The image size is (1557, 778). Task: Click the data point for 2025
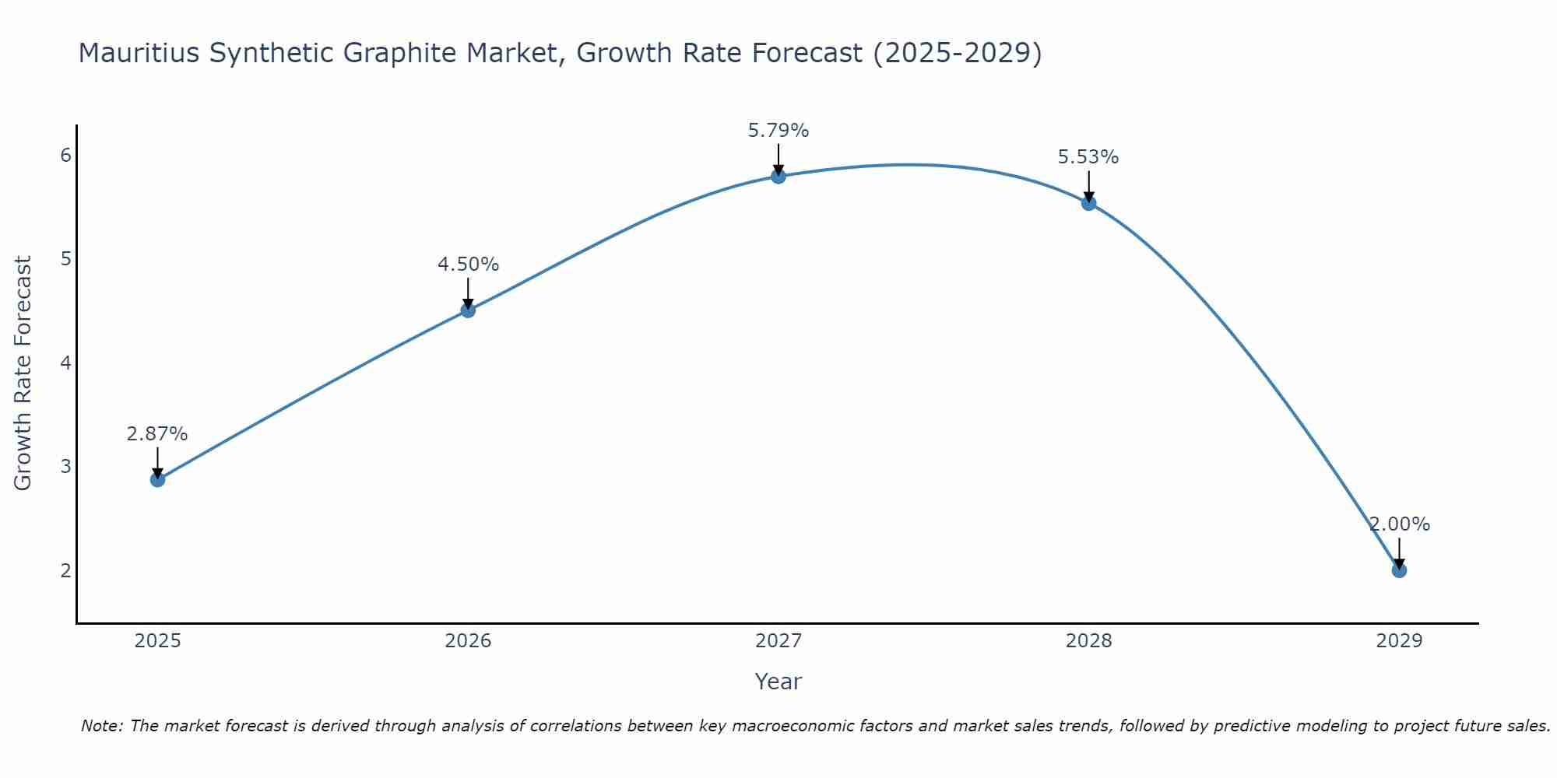pyautogui.click(x=157, y=479)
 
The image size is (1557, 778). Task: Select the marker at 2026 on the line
pyautogui.click(x=468, y=310)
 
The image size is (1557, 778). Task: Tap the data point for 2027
pyautogui.click(x=778, y=177)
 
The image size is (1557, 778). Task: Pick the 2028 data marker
pyautogui.click(x=1089, y=203)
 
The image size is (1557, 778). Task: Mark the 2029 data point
pyautogui.click(x=1399, y=570)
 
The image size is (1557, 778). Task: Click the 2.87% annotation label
pyautogui.click(x=157, y=434)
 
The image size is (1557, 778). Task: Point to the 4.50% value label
pyautogui.click(x=468, y=265)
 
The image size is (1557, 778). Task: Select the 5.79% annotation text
pyautogui.click(x=778, y=131)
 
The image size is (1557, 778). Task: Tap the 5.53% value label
pyautogui.click(x=1088, y=157)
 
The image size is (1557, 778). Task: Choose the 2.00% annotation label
pyautogui.click(x=1400, y=524)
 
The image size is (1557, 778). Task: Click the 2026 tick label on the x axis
pyautogui.click(x=468, y=641)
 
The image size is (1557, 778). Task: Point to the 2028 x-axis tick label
pyautogui.click(x=1089, y=641)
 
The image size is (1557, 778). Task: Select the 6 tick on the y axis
pyautogui.click(x=65, y=156)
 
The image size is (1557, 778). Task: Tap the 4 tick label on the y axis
pyautogui.click(x=65, y=363)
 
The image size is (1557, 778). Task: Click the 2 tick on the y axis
pyautogui.click(x=65, y=571)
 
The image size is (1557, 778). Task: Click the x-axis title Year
pyautogui.click(x=778, y=682)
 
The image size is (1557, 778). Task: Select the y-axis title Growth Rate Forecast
pyautogui.click(x=23, y=373)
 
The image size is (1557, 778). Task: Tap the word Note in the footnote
pyautogui.click(x=101, y=726)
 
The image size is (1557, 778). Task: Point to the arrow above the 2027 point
pyautogui.click(x=778, y=159)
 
